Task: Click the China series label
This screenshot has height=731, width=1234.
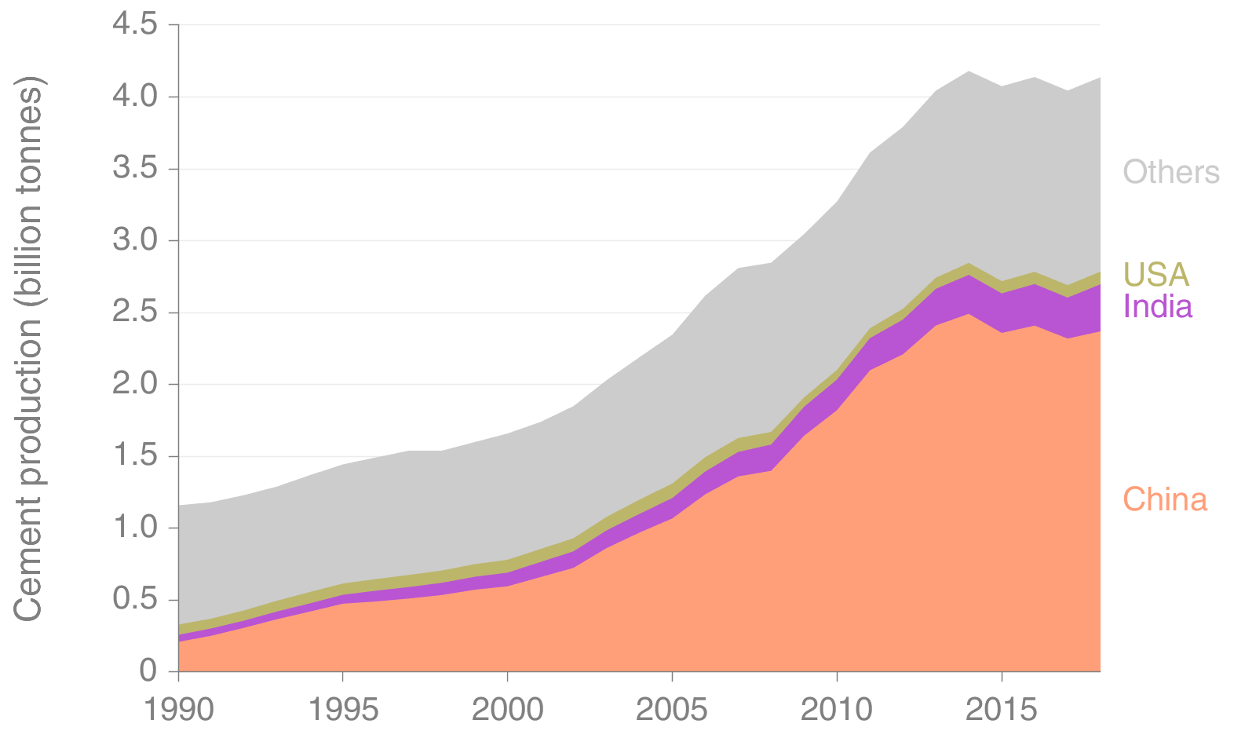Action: (1164, 500)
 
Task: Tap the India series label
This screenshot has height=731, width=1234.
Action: (1157, 306)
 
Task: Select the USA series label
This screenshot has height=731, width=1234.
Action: (1156, 275)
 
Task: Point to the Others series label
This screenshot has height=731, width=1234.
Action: (1170, 172)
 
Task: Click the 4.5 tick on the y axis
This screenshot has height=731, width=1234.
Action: (134, 25)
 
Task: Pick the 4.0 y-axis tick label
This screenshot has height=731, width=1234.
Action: (134, 97)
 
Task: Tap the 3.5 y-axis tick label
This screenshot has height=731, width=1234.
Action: (134, 169)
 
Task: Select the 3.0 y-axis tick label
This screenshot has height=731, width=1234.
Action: (134, 240)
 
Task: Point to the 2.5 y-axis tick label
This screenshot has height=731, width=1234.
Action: (134, 313)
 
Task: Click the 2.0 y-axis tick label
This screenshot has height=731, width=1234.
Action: (134, 384)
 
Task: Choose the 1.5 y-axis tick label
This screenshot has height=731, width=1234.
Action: (134, 456)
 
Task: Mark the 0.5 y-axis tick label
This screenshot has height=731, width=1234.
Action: (134, 600)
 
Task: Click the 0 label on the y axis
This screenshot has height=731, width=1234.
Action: (148, 671)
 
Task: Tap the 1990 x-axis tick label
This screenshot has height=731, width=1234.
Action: (179, 710)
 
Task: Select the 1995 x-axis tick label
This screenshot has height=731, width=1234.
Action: (343, 710)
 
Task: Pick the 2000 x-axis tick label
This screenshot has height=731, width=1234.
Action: (507, 710)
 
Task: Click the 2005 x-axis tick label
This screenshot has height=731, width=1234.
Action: (672, 710)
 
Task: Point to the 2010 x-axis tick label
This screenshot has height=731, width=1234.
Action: (837, 710)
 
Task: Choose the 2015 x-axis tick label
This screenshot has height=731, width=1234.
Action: (1001, 710)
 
